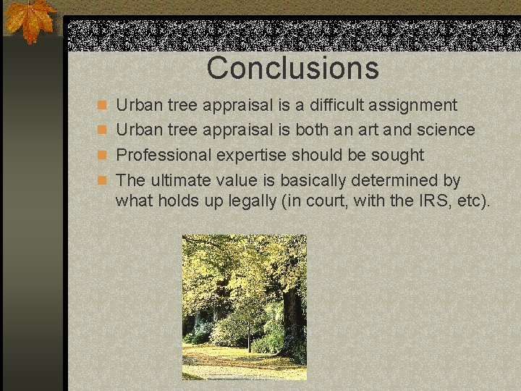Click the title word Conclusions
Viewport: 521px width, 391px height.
292,68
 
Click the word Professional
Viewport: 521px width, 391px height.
160,155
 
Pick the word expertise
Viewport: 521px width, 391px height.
244,156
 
